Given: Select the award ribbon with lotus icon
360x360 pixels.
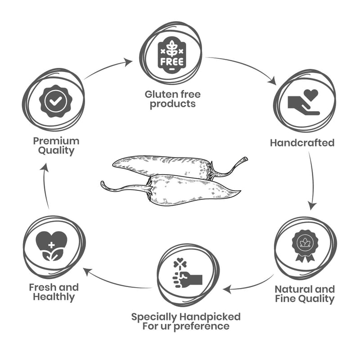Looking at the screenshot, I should (x=305, y=246).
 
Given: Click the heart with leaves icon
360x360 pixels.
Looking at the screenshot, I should (x=51, y=246).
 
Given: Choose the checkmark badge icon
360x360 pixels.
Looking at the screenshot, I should (x=55, y=101).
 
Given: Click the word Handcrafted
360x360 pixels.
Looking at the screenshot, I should (x=302, y=143).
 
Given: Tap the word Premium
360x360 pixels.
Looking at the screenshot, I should (x=56, y=141).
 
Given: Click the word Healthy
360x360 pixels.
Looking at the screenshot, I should (x=54, y=297).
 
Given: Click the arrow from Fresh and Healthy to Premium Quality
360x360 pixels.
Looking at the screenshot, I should (x=45, y=184).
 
